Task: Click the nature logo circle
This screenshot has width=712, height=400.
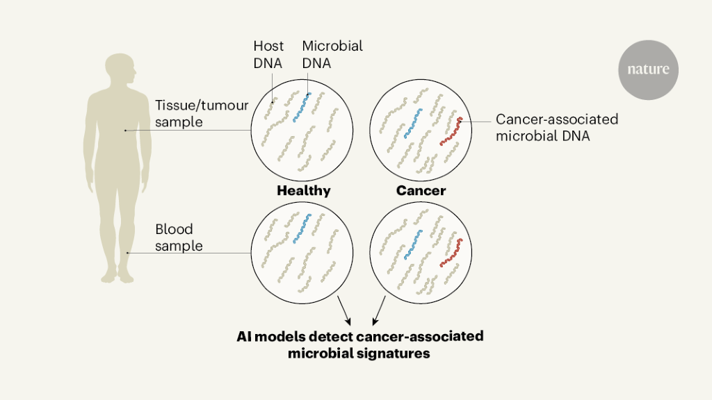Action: coord(648,69)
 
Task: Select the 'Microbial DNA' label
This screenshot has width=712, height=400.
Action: coord(332,55)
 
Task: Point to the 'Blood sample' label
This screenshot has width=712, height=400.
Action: coord(179,237)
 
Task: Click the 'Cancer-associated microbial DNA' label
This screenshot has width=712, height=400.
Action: coord(556,127)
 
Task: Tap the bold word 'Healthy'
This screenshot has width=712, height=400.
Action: coord(303,190)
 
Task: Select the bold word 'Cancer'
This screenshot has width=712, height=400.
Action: coord(421,190)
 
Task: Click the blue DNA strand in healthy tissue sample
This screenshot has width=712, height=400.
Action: coord(302,107)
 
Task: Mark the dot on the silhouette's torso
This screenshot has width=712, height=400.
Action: coord(126,130)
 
